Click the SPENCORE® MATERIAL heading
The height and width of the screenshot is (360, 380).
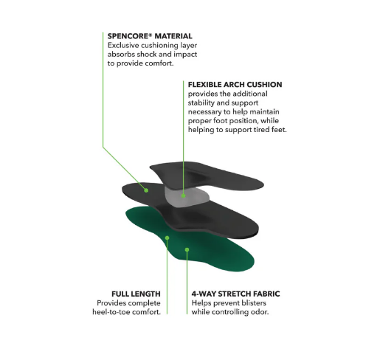click(x=150, y=36)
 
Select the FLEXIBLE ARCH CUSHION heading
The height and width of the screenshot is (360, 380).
click(x=235, y=85)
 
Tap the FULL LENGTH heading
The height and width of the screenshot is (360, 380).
click(x=136, y=294)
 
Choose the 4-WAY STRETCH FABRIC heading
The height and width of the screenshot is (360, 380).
click(x=235, y=294)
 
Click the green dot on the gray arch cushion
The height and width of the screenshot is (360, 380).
click(x=183, y=195)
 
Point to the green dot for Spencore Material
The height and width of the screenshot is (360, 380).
click(x=146, y=190)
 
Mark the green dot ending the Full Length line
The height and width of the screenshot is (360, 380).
click(x=167, y=238)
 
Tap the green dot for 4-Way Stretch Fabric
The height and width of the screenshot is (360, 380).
click(x=187, y=250)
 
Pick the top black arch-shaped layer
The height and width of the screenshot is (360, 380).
click(x=207, y=176)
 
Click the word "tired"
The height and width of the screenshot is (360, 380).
click(x=261, y=130)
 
